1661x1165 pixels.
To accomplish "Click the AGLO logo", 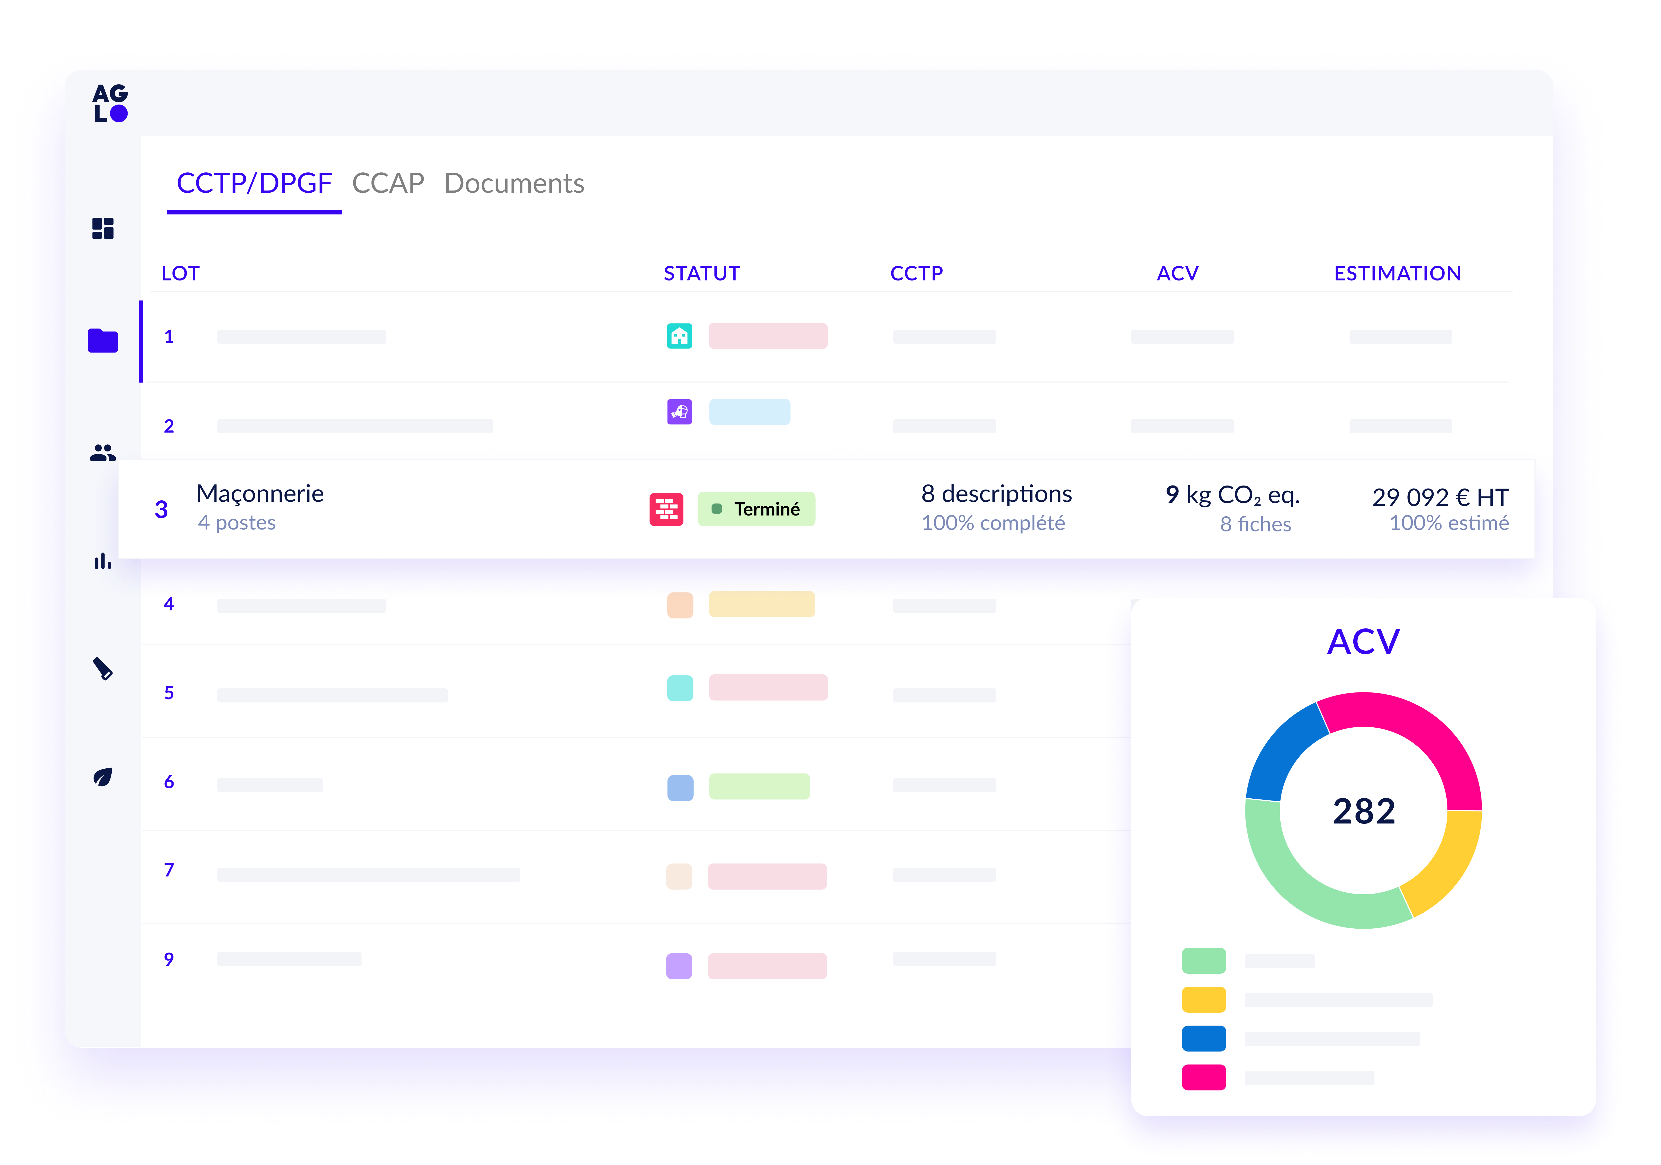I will click(x=110, y=103).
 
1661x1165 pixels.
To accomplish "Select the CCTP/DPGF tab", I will click(x=254, y=184).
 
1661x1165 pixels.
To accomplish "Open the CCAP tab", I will click(x=388, y=184).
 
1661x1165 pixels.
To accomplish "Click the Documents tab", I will click(x=514, y=184).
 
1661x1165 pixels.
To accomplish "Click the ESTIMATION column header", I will click(x=1397, y=273).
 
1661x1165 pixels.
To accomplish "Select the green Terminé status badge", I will click(x=756, y=509).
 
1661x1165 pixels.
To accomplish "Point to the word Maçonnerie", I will click(x=260, y=494).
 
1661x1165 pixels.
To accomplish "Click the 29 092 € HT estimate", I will click(x=1440, y=497).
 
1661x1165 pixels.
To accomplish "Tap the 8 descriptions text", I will click(x=996, y=494).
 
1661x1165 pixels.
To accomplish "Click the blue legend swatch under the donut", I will click(x=1203, y=1039).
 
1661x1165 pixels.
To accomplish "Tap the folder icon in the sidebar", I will click(x=103, y=341).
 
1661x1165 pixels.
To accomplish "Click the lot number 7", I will click(x=168, y=870).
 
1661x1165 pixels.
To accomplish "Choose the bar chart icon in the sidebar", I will click(x=103, y=561).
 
